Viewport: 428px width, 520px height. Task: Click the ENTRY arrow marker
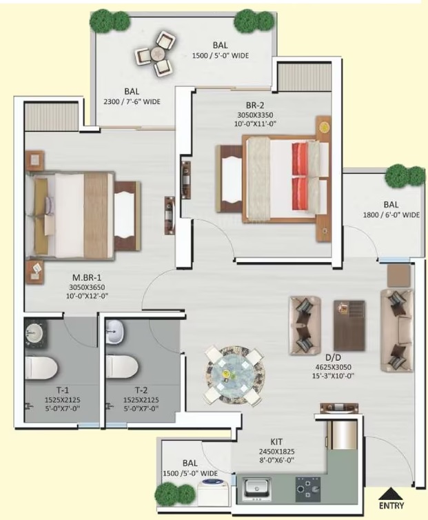391,493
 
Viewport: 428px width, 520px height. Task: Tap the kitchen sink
257,489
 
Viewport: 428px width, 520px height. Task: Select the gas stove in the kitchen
308,489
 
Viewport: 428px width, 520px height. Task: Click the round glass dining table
235,375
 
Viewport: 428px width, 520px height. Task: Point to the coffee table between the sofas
349,326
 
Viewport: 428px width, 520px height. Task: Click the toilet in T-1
41,368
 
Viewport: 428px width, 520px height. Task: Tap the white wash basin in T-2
114,331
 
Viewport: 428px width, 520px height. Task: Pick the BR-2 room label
255,105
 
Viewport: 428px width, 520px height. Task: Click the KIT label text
276,442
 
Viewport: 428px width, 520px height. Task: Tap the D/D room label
333,357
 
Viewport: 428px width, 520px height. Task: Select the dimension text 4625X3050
333,367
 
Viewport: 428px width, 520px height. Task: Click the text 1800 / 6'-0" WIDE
391,215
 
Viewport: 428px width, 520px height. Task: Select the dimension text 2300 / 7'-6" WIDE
132,101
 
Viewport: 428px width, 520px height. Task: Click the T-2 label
141,390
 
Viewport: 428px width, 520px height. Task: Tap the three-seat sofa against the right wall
397,330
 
